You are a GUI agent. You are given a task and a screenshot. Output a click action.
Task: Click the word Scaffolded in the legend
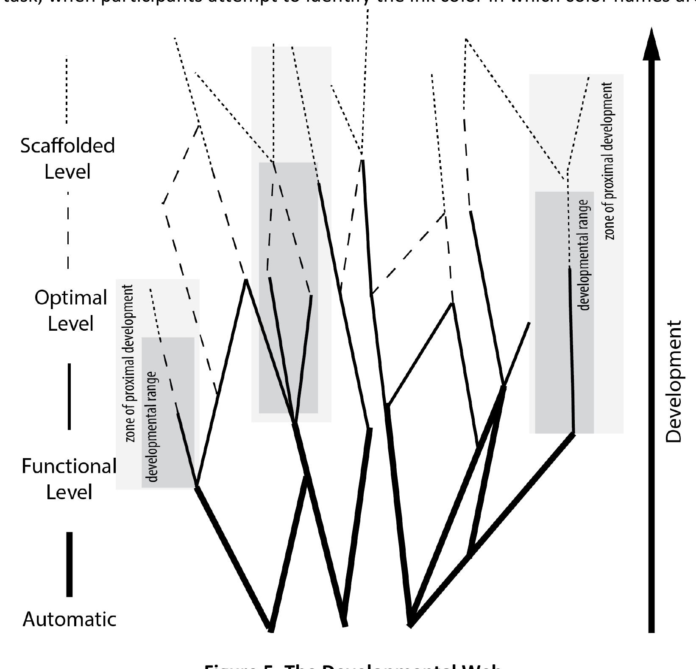pos(67,146)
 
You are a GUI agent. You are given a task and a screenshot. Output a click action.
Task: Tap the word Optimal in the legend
pos(70,298)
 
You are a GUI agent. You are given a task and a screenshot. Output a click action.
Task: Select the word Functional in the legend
pos(69,467)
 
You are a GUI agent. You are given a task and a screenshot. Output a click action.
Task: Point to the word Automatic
pos(70,619)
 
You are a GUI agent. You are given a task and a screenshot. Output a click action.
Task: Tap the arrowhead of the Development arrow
pos(651,44)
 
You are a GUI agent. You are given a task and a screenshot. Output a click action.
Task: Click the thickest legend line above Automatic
pos(70,564)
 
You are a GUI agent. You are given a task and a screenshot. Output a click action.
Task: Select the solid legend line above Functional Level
pos(70,396)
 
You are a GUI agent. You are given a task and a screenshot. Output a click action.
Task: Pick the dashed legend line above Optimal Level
pos(68,231)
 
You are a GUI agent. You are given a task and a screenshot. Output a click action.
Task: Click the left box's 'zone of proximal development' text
pos(130,363)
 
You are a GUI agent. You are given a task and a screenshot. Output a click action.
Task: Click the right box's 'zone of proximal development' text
pos(609,161)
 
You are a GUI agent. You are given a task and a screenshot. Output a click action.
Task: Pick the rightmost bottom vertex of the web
pos(410,625)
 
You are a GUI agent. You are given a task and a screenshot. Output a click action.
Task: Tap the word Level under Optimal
pos(70,324)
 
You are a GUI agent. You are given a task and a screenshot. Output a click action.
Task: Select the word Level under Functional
pos(69,492)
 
